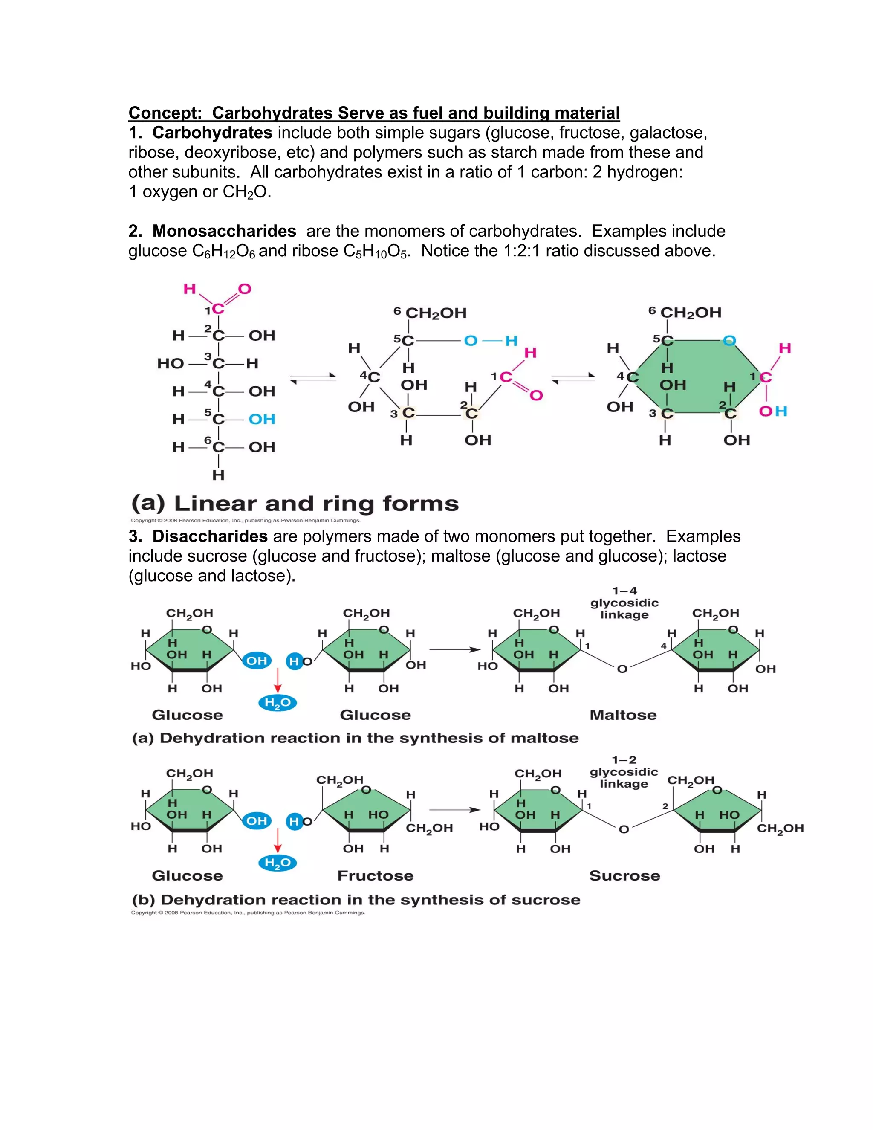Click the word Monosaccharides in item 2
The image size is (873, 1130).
tap(224, 231)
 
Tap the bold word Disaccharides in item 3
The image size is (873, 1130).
tap(210, 536)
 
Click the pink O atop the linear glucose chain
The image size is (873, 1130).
tap(245, 289)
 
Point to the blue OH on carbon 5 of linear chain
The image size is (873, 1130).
tap(262, 419)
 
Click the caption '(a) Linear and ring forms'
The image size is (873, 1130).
tap(295, 504)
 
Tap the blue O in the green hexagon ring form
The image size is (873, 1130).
tap(729, 340)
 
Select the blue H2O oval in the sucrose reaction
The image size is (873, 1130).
tap(278, 863)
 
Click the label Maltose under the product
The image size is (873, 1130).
tap(623, 715)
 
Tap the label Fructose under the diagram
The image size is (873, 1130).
tap(376, 875)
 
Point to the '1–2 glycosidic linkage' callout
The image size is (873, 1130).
tap(624, 771)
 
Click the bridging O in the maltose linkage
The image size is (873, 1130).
tap(623, 669)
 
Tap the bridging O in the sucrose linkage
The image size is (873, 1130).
tap(624, 829)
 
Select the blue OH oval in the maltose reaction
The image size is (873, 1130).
tap(257, 661)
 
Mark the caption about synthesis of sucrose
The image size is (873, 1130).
tap(356, 900)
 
